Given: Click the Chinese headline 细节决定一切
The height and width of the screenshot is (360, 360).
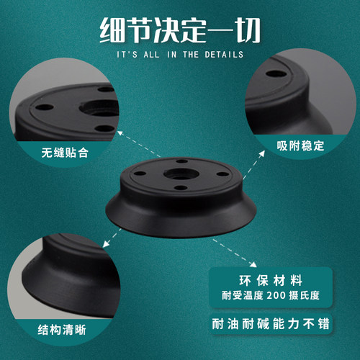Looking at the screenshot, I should click(180, 30).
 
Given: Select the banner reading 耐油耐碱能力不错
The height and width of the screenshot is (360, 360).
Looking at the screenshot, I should click(270, 325).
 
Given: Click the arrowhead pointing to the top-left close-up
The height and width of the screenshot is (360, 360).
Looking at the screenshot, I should click(120, 132).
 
